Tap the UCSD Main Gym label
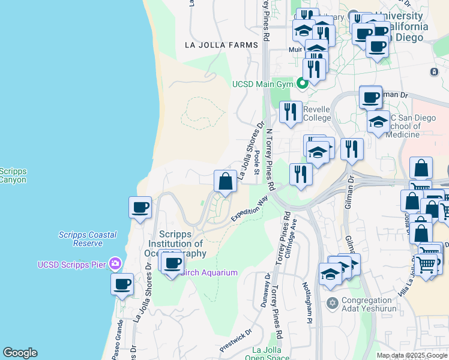(262, 84)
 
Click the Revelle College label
(316, 113)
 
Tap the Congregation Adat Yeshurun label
(370, 306)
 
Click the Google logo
(19, 353)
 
